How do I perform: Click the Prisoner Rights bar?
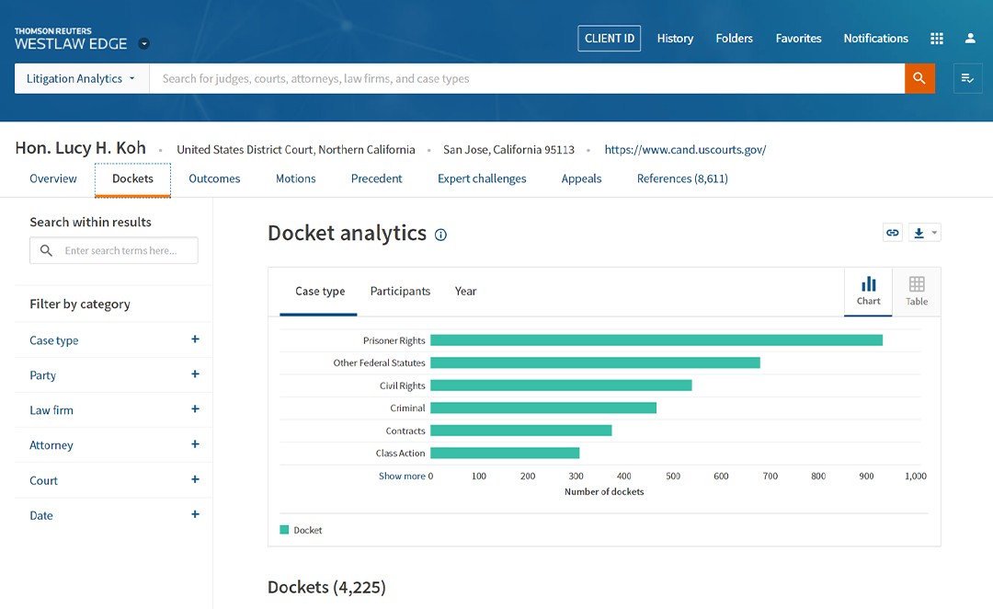[656, 340]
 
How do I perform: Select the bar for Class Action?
[505, 454]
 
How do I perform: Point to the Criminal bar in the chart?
[543, 408]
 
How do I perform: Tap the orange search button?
[919, 78]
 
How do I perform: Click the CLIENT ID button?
[610, 38]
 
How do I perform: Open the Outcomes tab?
[214, 178]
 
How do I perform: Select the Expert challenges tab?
[481, 178]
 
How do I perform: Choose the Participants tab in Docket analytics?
[400, 291]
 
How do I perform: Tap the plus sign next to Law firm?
[195, 408]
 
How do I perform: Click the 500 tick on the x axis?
[672, 476]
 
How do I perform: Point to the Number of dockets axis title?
[604, 492]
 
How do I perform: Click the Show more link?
[402, 476]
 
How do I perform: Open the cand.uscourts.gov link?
[685, 150]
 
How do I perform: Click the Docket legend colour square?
[284, 530]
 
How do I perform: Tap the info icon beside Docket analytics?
[440, 235]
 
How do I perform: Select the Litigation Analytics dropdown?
[81, 78]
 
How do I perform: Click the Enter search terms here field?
[114, 250]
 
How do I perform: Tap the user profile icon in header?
[970, 39]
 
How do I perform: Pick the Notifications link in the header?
[876, 38]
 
